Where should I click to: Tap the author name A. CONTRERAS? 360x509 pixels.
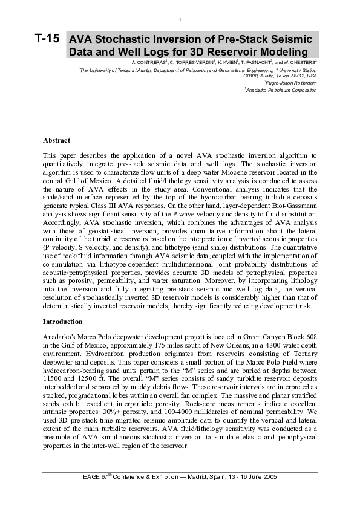pyautogui.click(x=148, y=62)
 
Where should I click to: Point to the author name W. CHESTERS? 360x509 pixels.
pyautogui.click(x=299, y=62)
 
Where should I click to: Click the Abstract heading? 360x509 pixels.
pyautogui.click(x=56, y=140)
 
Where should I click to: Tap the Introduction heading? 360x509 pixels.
pyautogui.click(x=64, y=322)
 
